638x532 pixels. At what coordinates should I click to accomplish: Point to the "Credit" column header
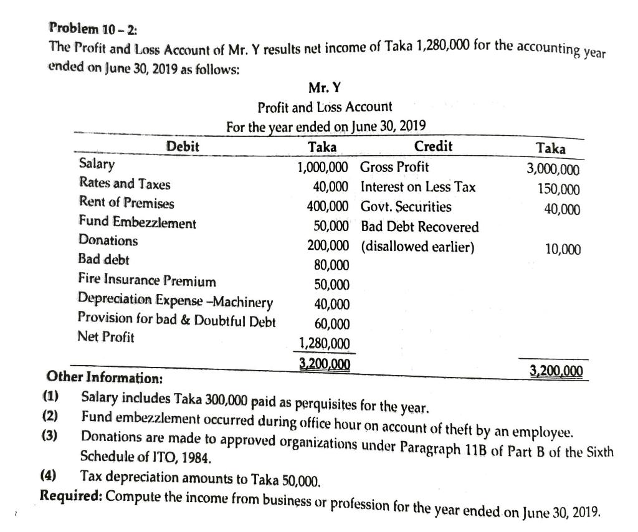point(433,146)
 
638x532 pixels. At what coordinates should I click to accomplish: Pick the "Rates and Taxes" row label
point(125,184)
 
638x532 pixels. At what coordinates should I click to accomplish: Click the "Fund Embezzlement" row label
point(137,222)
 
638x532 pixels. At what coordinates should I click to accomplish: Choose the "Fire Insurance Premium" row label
point(147,281)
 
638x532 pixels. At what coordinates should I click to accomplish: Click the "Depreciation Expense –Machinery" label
point(176,302)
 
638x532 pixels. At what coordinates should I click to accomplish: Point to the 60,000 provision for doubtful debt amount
point(331,324)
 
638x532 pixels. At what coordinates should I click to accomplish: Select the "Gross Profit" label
point(395,167)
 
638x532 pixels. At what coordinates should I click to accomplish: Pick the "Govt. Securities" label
point(406,206)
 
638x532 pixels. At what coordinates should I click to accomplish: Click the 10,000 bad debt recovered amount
point(563,250)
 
